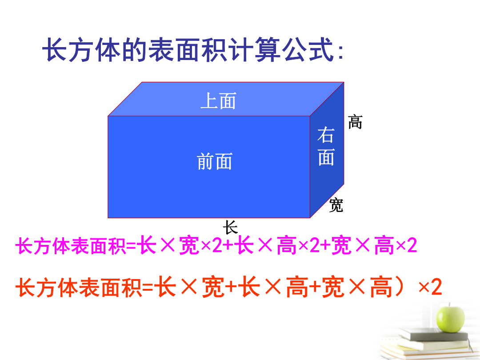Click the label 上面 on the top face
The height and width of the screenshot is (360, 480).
click(218, 101)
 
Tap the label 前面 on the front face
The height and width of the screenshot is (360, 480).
click(215, 161)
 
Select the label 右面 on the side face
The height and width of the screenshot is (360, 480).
click(326, 146)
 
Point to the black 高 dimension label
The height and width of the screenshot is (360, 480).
click(355, 122)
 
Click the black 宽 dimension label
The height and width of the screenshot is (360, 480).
click(336, 205)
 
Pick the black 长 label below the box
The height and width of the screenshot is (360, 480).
click(230, 227)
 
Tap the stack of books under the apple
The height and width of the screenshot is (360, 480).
click(428, 344)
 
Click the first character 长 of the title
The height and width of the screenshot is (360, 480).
click(55, 49)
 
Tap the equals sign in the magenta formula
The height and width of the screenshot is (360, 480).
click(131, 246)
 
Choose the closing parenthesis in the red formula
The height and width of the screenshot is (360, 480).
click(400, 287)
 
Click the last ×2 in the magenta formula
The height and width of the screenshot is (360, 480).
click(406, 245)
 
